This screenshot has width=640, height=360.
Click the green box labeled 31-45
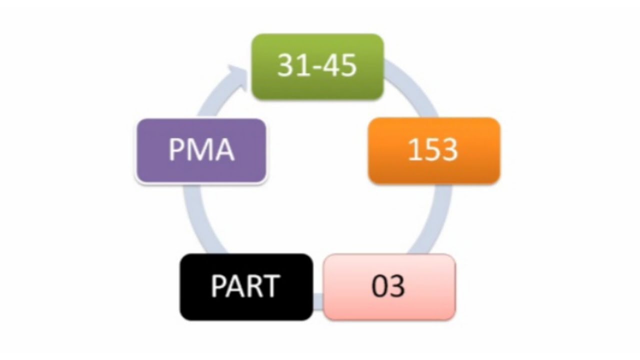point(317,66)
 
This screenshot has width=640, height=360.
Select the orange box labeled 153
point(433,150)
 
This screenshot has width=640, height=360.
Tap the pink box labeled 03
point(389,286)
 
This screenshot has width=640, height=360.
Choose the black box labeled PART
point(246,286)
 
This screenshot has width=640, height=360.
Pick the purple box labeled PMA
point(201,150)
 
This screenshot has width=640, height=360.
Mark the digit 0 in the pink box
point(380,286)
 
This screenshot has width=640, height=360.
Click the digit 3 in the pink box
point(397,286)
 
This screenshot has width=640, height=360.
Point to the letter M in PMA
point(201,150)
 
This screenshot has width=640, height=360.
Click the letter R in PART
point(253,286)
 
